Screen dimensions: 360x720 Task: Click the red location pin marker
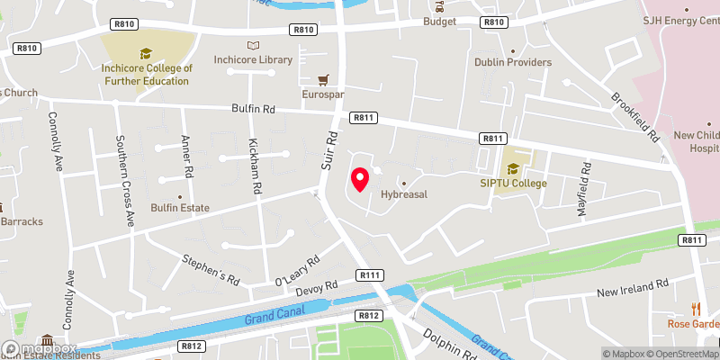tap(360, 180)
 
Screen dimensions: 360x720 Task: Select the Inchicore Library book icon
tap(253, 45)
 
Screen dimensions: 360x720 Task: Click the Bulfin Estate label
tap(181, 208)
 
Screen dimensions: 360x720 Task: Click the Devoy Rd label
tap(318, 288)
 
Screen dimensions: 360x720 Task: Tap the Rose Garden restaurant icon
tap(695, 309)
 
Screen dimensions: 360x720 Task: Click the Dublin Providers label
tap(513, 62)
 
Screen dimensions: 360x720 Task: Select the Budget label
tap(440, 21)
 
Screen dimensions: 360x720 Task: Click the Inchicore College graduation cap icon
tap(146, 53)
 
